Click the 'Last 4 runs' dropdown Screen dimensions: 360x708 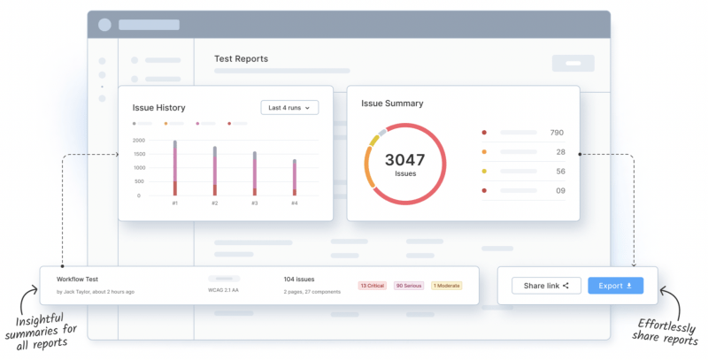[x=289, y=107]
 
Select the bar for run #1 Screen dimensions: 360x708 [x=175, y=168]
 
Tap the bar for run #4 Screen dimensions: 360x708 [x=295, y=178]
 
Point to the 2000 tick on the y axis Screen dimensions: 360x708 [x=138, y=141]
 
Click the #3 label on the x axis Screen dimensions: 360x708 [x=255, y=203]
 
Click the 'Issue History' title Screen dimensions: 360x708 [x=158, y=108]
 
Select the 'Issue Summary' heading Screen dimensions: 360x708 [x=392, y=103]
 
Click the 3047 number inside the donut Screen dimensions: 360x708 [x=404, y=160]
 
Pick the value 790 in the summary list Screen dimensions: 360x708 [x=556, y=133]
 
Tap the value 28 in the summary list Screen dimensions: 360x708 [x=559, y=152]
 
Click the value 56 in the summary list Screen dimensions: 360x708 [x=558, y=171]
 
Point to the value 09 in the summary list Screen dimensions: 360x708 [x=558, y=190]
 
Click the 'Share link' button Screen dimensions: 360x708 [x=546, y=286]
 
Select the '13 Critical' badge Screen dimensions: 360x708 [x=373, y=286]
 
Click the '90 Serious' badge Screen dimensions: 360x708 [x=409, y=286]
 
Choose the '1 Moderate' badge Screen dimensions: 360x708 [x=446, y=286]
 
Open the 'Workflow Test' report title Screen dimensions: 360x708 [x=76, y=279]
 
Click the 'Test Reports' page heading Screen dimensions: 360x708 [x=241, y=59]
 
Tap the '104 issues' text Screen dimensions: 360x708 [x=299, y=279]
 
